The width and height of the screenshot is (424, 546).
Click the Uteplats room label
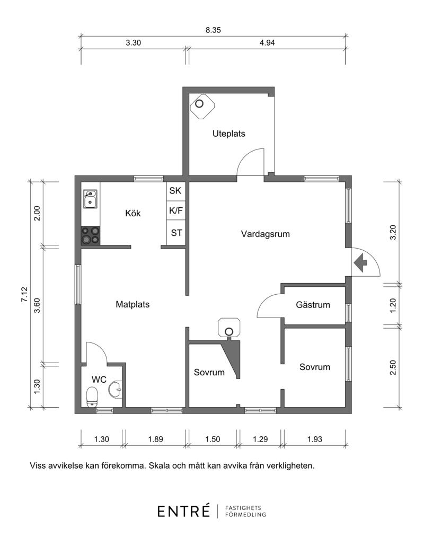(229, 134)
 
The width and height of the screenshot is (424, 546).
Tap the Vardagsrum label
(265, 234)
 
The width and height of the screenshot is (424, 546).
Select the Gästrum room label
(313, 305)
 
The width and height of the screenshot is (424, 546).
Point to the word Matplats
(132, 304)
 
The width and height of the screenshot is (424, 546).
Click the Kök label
(133, 213)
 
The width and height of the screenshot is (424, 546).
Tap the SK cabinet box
(176, 191)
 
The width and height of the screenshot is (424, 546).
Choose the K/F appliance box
(176, 210)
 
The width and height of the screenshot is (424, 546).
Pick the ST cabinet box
(176, 233)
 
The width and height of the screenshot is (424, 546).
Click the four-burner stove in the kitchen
(91, 235)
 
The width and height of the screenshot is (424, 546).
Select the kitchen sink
(90, 199)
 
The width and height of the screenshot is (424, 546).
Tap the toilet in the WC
(92, 397)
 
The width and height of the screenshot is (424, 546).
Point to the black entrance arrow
(360, 262)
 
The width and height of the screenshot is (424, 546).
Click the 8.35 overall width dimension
(213, 30)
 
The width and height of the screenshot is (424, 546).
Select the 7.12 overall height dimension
(24, 294)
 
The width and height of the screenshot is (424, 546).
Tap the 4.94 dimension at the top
(267, 43)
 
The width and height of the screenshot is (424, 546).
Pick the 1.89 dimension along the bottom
(156, 439)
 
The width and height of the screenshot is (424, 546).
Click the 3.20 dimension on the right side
(393, 233)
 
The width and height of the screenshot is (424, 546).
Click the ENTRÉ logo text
(184, 511)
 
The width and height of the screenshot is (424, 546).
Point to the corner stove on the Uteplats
(202, 106)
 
